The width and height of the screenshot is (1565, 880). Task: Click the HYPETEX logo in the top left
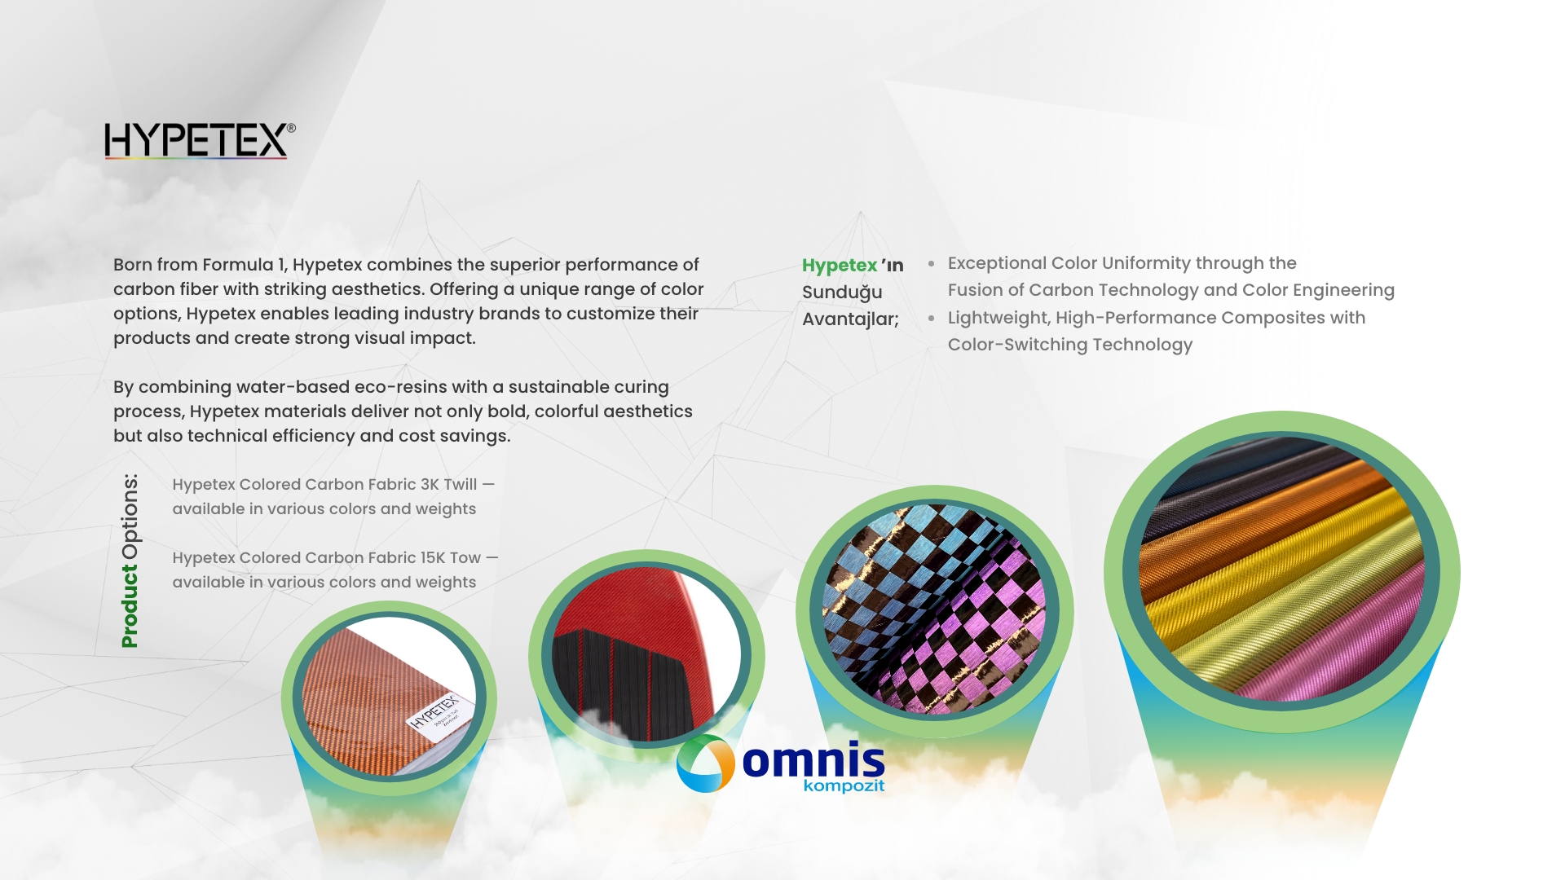pos(200,140)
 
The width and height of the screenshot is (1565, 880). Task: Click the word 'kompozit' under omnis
pos(844,786)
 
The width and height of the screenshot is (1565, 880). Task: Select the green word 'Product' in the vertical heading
pos(129,606)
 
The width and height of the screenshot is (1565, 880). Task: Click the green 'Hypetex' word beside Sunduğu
pos(840,266)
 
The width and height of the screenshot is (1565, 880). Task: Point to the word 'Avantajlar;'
pos(850,319)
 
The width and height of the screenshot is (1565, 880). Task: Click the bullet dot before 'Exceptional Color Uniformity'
pos(931,264)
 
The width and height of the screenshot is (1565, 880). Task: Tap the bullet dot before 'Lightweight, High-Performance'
pos(931,319)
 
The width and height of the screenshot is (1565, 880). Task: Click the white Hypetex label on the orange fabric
pos(434,711)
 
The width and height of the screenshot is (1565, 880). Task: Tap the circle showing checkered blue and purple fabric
pos(934,610)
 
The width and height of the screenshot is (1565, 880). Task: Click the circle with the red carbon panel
pos(646,656)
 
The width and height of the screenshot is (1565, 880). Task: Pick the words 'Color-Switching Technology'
pos(1069,345)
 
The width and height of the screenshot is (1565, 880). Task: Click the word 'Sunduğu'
pos(842,293)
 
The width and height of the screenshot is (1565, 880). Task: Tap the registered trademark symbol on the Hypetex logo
pos(291,128)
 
